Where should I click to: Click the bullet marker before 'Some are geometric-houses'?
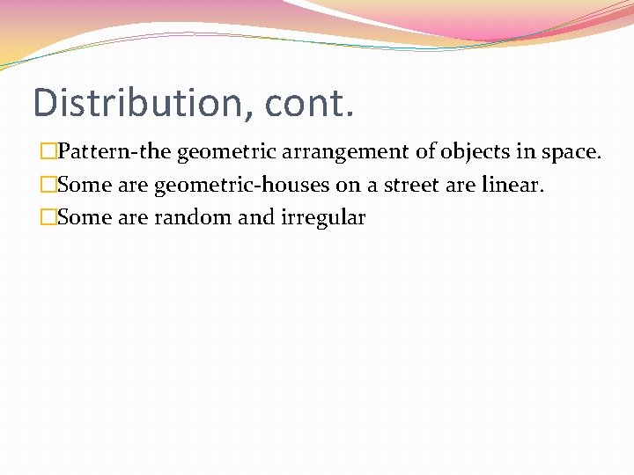[48, 186]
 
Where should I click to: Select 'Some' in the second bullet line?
[84, 186]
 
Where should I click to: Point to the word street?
[410, 186]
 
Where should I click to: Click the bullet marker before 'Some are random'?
[48, 218]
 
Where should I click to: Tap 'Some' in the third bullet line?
[84, 218]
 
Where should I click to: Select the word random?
[192, 218]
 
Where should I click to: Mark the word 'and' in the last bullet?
[256, 218]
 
